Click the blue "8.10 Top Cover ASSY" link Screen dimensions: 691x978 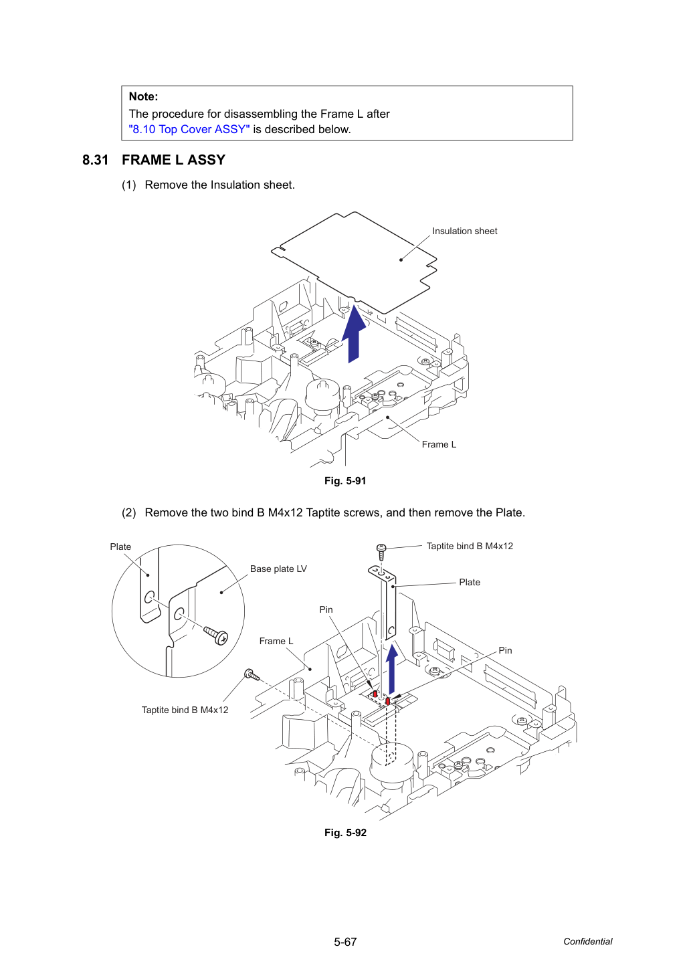(x=189, y=129)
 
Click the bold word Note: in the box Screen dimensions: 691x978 (x=143, y=96)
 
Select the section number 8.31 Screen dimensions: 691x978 (x=95, y=160)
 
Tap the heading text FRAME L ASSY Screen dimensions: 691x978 (x=174, y=160)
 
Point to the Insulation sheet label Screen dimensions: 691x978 (x=464, y=231)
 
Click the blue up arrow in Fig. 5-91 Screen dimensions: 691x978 (x=354, y=334)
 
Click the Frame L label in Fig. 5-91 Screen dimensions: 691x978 (x=439, y=444)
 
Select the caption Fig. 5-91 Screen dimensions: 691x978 (x=345, y=481)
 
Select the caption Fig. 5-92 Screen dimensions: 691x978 (x=345, y=833)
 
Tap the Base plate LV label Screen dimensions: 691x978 (x=278, y=569)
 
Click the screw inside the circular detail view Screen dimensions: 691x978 (x=216, y=635)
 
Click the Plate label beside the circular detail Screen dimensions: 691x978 (x=120, y=547)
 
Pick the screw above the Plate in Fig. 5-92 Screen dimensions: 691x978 (x=381, y=553)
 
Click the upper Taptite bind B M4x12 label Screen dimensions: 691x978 (x=470, y=547)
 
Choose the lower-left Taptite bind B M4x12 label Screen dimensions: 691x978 (x=185, y=710)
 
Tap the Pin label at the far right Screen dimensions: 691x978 (x=505, y=650)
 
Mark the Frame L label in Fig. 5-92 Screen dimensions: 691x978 (x=276, y=641)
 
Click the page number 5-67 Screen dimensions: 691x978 (x=345, y=942)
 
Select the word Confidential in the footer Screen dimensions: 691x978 (x=587, y=941)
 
